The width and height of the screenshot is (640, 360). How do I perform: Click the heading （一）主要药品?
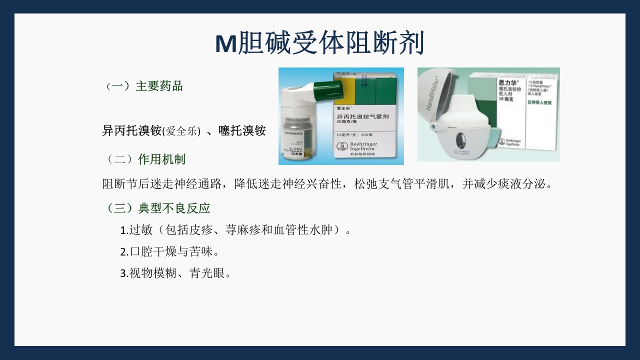coord(144,86)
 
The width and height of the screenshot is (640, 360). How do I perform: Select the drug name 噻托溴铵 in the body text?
coord(242,131)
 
